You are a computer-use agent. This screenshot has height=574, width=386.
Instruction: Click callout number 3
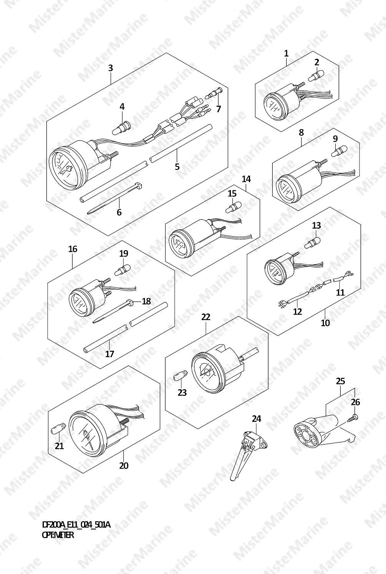pyautogui.click(x=110, y=68)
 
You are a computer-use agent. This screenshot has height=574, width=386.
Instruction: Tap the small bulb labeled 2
pyautogui.click(x=315, y=77)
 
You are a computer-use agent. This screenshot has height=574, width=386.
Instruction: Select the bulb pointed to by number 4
pyautogui.click(x=121, y=128)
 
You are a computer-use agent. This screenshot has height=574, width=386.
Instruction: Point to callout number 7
pyautogui.click(x=218, y=109)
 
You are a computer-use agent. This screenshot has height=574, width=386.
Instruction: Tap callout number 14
pyautogui.click(x=246, y=179)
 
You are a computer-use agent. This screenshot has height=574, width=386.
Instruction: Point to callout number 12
pyautogui.click(x=298, y=312)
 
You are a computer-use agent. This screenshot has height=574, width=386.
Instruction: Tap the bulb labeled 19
pyautogui.click(x=122, y=270)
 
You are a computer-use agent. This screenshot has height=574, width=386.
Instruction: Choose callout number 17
pyautogui.click(x=109, y=354)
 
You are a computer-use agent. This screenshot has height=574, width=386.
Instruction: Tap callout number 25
pyautogui.click(x=340, y=381)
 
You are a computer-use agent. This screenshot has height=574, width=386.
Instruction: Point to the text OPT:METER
pyautogui.click(x=58, y=534)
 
